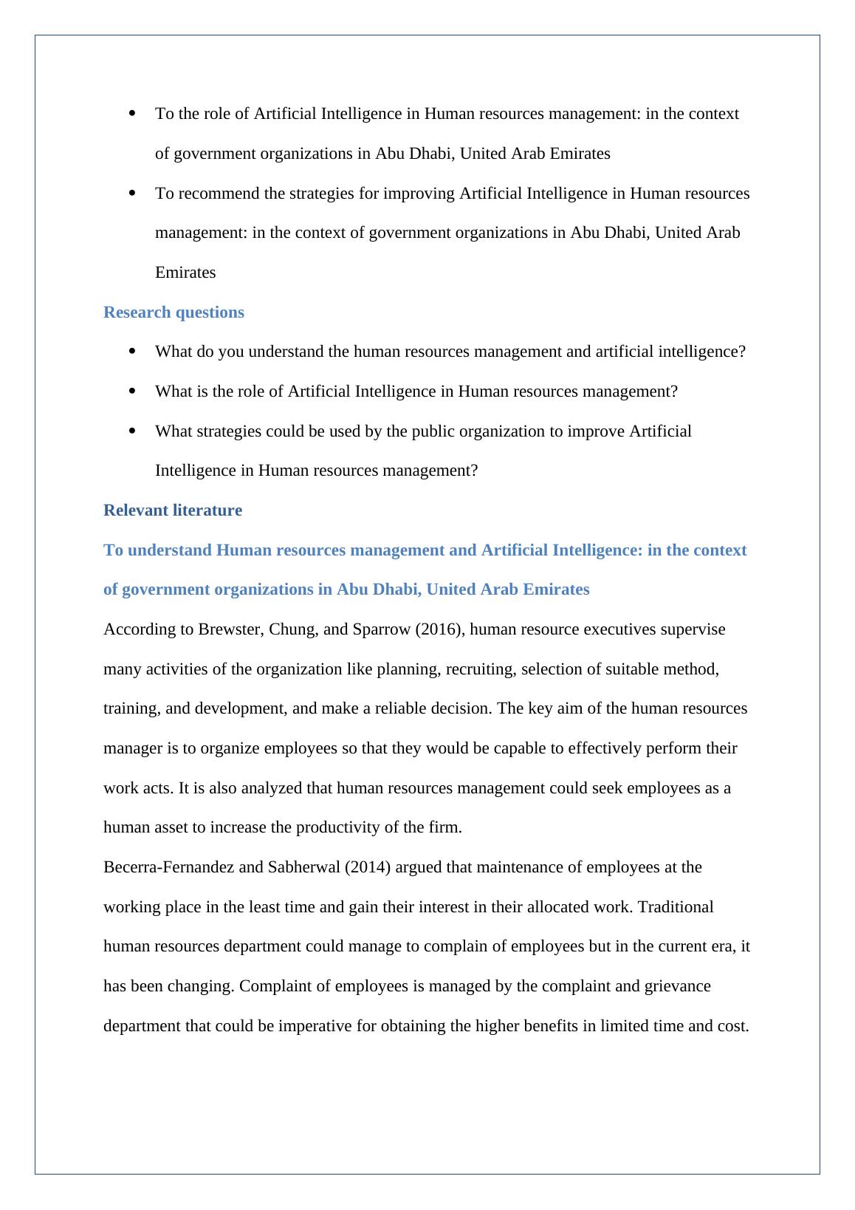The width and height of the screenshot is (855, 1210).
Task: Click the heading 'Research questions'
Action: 174,312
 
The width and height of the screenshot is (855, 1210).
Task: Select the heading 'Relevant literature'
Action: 173,510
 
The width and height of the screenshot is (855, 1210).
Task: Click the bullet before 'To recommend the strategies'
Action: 132,193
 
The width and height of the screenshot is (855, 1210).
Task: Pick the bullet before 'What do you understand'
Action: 132,351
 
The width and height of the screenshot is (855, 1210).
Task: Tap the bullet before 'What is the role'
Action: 132,391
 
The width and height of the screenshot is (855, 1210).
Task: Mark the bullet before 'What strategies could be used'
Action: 132,431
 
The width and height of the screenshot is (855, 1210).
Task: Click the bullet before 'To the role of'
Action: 132,114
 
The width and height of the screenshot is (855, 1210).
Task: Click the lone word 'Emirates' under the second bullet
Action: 185,273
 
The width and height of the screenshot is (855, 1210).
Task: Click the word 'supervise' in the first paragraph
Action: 693,629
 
